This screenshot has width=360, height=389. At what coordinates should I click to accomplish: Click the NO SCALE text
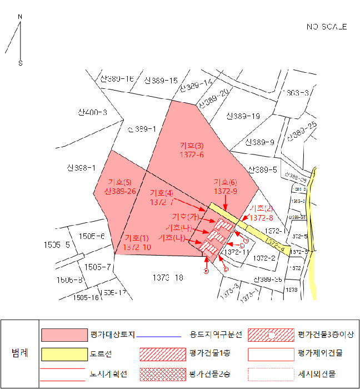tap(327, 27)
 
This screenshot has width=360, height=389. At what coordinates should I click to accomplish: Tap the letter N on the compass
tap(20, 17)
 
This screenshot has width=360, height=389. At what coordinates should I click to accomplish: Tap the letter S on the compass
tap(21, 63)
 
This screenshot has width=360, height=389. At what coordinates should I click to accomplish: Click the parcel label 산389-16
tap(117, 79)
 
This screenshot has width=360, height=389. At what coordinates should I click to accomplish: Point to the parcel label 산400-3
tap(92, 113)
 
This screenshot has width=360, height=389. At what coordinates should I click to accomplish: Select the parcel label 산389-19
tap(243, 116)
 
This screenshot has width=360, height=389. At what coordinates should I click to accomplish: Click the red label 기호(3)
tap(192, 146)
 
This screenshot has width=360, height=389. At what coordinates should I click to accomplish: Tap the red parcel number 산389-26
tap(119, 191)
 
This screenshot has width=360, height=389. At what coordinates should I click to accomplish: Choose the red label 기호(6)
tap(226, 182)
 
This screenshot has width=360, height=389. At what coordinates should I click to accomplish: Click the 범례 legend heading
tap(20, 353)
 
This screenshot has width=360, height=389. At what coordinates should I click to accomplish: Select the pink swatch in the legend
tap(64, 335)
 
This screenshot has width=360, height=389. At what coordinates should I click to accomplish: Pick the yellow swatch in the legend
tap(64, 353)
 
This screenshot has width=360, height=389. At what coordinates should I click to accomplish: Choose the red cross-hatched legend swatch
tap(162, 373)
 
